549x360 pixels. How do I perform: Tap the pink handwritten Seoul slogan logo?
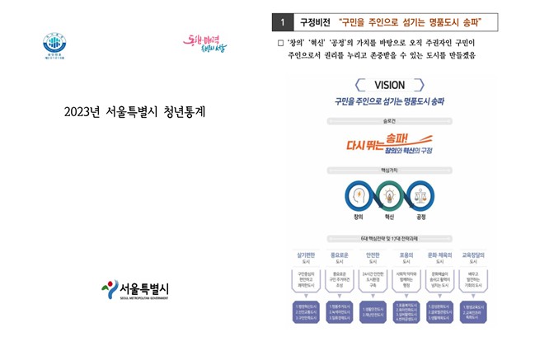(x=205, y=44)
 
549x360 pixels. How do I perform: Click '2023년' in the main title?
(x=82, y=112)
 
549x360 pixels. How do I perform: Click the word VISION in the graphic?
(x=389, y=85)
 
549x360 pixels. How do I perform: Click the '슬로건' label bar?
(x=389, y=120)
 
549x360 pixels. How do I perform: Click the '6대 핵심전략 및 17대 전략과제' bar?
(x=389, y=238)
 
